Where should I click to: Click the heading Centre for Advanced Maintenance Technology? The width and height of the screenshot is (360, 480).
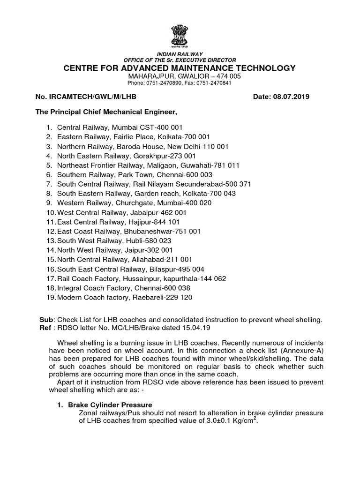click(x=180, y=68)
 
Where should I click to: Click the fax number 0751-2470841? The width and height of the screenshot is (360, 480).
click(x=208, y=83)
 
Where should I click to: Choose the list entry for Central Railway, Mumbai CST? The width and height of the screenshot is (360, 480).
click(x=120, y=127)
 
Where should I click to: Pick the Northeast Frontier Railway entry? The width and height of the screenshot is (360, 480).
click(x=148, y=165)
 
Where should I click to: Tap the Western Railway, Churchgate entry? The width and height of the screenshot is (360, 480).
click(x=134, y=203)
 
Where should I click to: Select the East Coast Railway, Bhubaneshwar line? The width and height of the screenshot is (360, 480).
click(x=129, y=231)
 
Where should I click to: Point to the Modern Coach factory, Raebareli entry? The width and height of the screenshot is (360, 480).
click(x=125, y=297)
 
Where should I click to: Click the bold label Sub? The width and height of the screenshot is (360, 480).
click(x=45, y=320)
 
